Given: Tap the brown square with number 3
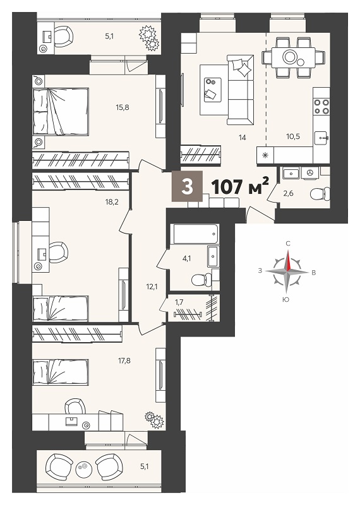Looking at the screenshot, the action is tap(187, 186).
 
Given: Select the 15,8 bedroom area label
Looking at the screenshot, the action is tap(123, 107).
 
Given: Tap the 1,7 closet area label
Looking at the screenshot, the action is tap(179, 302).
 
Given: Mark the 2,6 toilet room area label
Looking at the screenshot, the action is tap(289, 193).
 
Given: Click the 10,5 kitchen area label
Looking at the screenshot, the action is tap(293, 136).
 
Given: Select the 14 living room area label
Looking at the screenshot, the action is tap(243, 138).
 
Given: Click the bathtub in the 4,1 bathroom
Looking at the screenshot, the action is tap(196, 234).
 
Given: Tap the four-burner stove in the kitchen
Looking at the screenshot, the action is tap(321, 107).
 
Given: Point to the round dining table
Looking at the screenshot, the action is tap(290, 57).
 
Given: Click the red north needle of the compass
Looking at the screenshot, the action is tap(289, 260).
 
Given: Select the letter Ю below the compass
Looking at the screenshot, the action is tap(285, 299).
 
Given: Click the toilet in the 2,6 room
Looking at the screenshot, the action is tap(320, 194).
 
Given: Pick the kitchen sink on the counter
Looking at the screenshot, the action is tap(321, 138).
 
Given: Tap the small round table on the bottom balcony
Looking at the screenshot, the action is tap(83, 466).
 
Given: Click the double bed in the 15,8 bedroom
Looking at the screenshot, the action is tap(61, 112).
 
